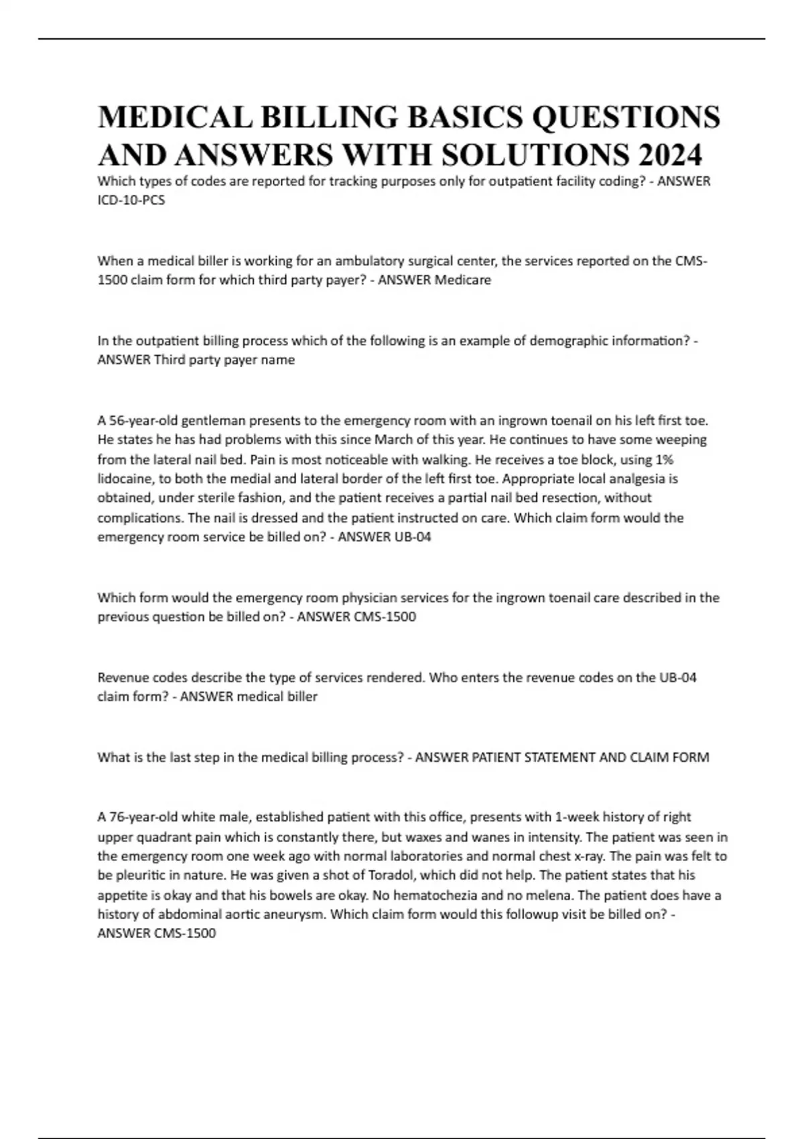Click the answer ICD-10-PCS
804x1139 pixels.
(x=131, y=200)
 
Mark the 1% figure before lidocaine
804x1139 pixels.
(x=665, y=460)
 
